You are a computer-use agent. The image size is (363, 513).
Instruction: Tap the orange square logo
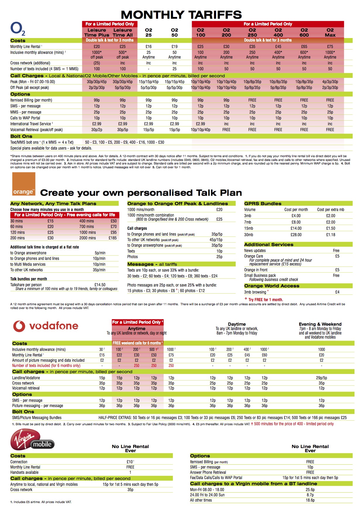tap(23, 184)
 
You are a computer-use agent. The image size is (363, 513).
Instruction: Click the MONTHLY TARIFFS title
tap(181, 15)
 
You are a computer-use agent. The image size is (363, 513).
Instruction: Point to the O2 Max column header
tap(330, 32)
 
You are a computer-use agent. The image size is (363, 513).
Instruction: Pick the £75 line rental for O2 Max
tap(330, 47)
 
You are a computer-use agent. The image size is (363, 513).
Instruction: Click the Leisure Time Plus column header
tap(97, 32)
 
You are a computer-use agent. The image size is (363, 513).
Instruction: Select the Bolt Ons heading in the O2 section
tap(21, 136)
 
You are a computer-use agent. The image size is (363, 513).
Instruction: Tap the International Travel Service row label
tap(31, 124)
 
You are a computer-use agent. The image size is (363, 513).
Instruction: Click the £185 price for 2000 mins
tap(113, 238)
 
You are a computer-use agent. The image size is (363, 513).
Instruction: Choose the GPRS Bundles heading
tap(263, 204)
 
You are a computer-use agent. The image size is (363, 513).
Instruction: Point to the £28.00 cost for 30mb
tap(296, 235)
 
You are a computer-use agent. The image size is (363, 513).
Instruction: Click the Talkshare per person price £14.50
tap(100, 285)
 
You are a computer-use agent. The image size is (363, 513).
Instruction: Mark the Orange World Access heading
tap(272, 286)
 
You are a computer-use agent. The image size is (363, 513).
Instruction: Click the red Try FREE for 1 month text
tap(266, 300)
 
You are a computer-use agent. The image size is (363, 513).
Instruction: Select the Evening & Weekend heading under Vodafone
tap(320, 324)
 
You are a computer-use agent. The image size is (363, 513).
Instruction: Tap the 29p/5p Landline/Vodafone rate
tap(321, 378)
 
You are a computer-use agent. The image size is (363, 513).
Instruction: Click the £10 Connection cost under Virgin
tap(130, 462)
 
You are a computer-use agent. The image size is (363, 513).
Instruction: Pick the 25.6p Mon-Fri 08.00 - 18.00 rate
tap(310, 490)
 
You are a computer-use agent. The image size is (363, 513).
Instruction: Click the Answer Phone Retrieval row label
tap(208, 472)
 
